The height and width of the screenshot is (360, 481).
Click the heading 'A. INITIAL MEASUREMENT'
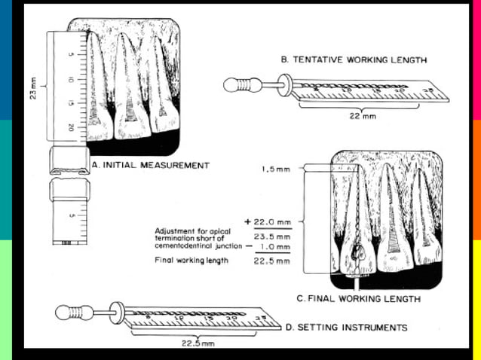[149, 165]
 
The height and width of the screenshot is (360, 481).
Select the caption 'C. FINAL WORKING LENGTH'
[358, 299]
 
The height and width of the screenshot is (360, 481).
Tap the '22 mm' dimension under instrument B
[363, 116]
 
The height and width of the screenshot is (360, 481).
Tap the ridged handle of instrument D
[73, 311]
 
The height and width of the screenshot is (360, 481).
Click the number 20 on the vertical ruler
[69, 129]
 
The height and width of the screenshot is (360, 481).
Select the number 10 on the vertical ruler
[69, 79]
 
